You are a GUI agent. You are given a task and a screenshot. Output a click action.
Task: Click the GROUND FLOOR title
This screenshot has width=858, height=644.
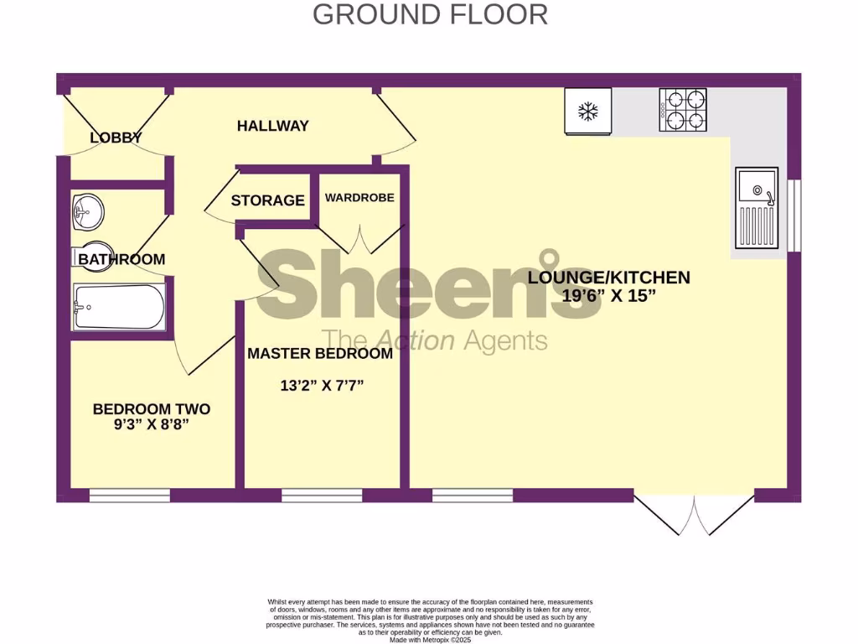[x=430, y=14]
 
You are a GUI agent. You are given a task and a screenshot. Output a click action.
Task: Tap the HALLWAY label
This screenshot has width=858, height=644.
[x=272, y=126]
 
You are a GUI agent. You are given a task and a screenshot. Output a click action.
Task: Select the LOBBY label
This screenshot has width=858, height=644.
[x=116, y=138]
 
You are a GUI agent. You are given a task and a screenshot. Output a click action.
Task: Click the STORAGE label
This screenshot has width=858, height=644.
[x=267, y=200]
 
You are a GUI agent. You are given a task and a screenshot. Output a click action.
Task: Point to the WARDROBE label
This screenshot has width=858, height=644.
[x=359, y=198]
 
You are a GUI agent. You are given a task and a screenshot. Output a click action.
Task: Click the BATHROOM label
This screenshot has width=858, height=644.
[x=121, y=259]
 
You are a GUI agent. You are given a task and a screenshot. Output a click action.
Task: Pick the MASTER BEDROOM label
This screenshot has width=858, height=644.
[x=319, y=354]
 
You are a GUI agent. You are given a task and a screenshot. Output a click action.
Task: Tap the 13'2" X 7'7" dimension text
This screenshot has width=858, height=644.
[x=322, y=386]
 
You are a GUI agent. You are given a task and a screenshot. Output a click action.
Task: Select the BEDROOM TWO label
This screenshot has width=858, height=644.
[x=151, y=409]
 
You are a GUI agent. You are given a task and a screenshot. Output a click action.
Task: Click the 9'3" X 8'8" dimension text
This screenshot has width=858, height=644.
[x=152, y=424]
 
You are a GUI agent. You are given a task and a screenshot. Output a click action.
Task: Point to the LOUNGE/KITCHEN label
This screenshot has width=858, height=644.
[x=608, y=278]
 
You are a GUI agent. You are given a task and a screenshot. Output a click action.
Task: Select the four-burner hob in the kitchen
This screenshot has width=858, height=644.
[x=682, y=110]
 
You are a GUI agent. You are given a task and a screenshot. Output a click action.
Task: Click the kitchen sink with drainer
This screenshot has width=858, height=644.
[x=757, y=208]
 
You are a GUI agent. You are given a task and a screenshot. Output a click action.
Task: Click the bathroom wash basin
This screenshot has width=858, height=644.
[x=87, y=210]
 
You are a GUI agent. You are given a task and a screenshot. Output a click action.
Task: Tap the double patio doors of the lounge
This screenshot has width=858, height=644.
[x=694, y=514]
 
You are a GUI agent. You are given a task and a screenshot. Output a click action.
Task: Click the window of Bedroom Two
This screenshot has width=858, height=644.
[x=129, y=496]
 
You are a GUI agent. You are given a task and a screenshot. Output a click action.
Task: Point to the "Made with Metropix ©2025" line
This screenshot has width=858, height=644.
[x=430, y=639]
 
